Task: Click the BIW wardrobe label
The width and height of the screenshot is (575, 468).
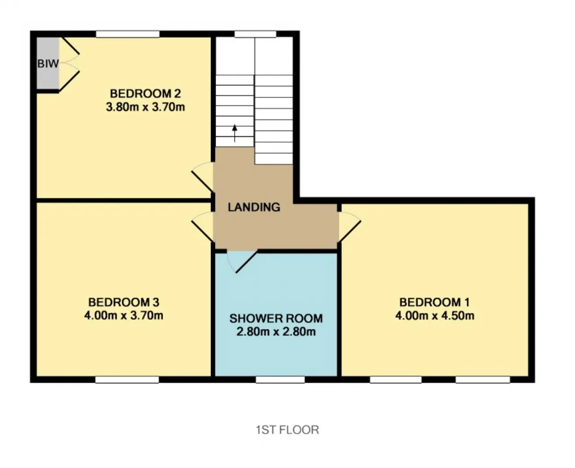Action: click(x=48, y=64)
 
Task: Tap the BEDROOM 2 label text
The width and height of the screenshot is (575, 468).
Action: click(x=145, y=94)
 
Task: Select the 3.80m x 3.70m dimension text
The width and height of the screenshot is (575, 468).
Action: click(x=145, y=107)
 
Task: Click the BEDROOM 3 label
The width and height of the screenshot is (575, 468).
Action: click(x=124, y=302)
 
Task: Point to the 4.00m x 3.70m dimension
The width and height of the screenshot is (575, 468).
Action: click(x=124, y=315)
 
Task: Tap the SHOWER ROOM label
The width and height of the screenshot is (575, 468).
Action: click(x=276, y=318)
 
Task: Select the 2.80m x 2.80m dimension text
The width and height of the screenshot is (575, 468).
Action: click(x=276, y=331)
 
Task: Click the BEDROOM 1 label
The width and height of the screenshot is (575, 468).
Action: click(x=435, y=302)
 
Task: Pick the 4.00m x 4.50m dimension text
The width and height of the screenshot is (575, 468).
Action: click(x=435, y=315)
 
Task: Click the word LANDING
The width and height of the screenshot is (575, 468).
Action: click(x=254, y=207)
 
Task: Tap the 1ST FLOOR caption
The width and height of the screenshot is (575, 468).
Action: click(x=287, y=430)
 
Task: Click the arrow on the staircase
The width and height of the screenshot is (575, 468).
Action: click(x=234, y=133)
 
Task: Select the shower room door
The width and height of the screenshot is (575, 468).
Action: click(x=242, y=262)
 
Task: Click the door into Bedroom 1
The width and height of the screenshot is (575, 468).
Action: click(x=350, y=227)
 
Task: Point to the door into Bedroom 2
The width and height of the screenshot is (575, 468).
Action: click(x=203, y=177)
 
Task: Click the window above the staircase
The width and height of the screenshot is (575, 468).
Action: click(x=255, y=34)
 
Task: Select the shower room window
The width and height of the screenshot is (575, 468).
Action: click(x=280, y=379)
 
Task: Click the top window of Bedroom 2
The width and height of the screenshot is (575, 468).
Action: click(x=128, y=34)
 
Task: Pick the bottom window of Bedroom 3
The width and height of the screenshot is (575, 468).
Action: click(x=127, y=379)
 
